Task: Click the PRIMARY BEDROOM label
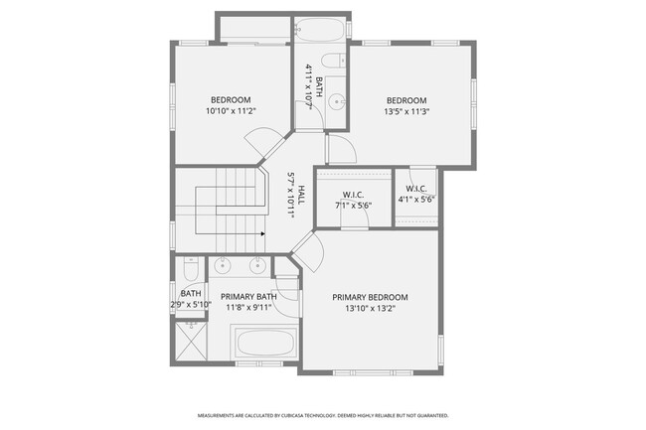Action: click(370, 297)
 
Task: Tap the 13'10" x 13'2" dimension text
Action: click(370, 309)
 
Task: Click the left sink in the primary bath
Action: click(222, 266)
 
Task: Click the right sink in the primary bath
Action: click(257, 266)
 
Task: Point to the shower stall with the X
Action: click(191, 340)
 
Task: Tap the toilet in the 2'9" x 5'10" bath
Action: click(190, 271)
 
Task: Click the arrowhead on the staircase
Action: click(261, 234)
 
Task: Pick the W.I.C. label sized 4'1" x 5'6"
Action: click(415, 189)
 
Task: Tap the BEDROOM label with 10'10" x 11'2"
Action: click(230, 100)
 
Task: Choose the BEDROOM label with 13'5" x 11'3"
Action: click(405, 100)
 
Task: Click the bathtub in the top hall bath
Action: click(319, 32)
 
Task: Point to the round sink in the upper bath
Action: click(338, 100)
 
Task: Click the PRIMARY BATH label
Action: click(247, 297)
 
